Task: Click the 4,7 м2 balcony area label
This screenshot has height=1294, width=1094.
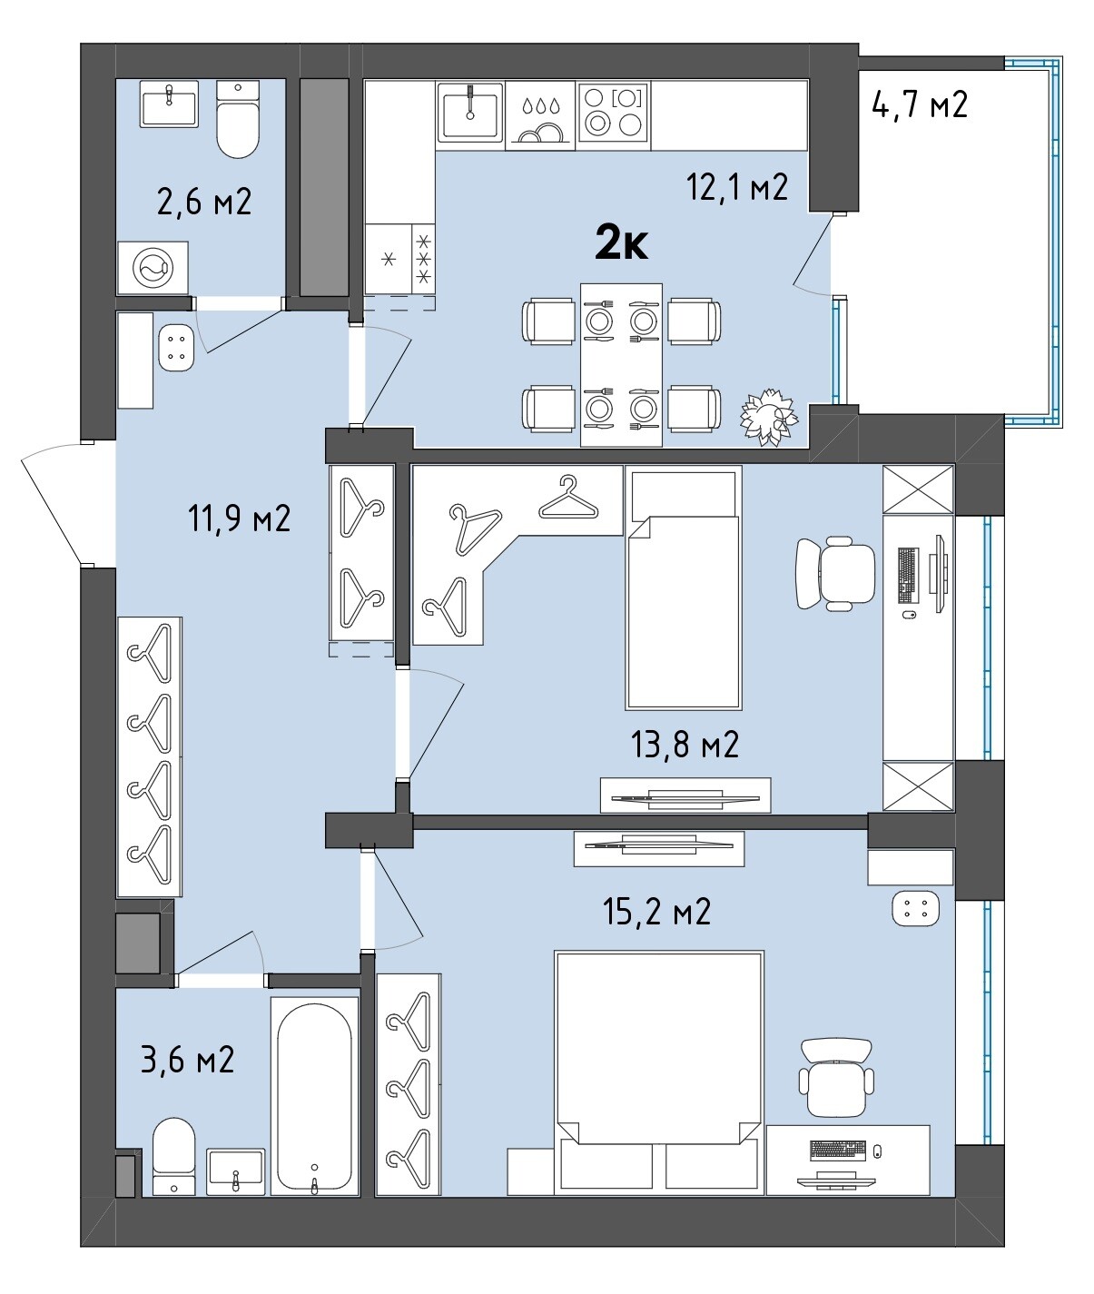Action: coord(920,104)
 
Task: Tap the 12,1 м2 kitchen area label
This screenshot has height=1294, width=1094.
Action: coord(736,186)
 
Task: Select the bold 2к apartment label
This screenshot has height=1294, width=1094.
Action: coord(621,245)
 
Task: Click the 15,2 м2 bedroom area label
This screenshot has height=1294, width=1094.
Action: coord(656,912)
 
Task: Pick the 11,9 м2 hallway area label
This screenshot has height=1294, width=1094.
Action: coord(239,519)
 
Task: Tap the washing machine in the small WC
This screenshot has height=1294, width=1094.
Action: coord(153,268)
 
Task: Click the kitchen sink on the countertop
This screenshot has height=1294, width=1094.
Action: coord(470,113)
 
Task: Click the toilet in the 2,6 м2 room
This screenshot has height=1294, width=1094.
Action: coord(238,119)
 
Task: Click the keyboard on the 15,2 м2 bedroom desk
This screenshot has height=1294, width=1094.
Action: coord(837,1150)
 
